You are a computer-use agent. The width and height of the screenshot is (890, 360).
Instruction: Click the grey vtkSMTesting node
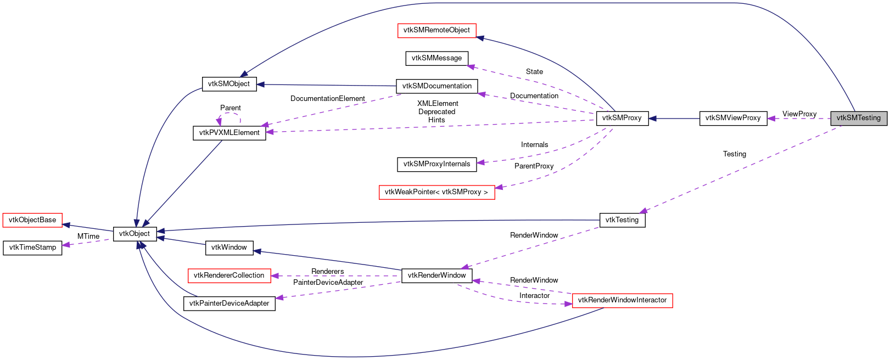[x=858, y=118]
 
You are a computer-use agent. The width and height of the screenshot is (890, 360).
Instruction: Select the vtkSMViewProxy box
[x=733, y=118]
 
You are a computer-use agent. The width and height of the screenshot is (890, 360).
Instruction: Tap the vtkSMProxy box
[x=622, y=118]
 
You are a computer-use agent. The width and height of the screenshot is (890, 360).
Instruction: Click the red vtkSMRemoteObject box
[x=436, y=30]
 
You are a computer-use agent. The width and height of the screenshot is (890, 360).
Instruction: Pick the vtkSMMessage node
[x=436, y=58]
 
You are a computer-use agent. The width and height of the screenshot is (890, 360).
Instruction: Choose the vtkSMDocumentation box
[x=436, y=86]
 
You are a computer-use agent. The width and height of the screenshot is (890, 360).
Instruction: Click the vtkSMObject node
[x=229, y=84]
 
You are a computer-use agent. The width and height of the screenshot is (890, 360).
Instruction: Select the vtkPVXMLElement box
[x=229, y=133]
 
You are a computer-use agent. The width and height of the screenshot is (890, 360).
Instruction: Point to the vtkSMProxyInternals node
[x=436, y=164]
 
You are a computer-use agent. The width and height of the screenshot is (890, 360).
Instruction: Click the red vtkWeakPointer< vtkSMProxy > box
[x=436, y=192]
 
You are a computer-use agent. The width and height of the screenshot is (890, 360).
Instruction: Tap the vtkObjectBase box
[x=32, y=220]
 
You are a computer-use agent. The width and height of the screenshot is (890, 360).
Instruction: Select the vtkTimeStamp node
[x=32, y=248]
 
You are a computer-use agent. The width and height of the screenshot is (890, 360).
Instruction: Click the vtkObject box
[x=135, y=234]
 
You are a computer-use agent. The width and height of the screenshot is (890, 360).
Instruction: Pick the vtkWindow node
[x=229, y=248]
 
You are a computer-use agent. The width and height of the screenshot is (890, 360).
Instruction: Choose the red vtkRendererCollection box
[x=229, y=275]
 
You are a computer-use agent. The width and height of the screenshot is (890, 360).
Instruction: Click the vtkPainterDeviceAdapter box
[x=229, y=303]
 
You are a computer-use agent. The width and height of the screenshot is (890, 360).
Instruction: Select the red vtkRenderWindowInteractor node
[x=622, y=300]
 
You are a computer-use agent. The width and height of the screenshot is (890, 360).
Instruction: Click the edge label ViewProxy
[x=799, y=114]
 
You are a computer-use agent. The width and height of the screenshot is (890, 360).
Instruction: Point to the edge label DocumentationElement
[x=327, y=99]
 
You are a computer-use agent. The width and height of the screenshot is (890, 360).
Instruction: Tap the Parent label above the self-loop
[x=230, y=108]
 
